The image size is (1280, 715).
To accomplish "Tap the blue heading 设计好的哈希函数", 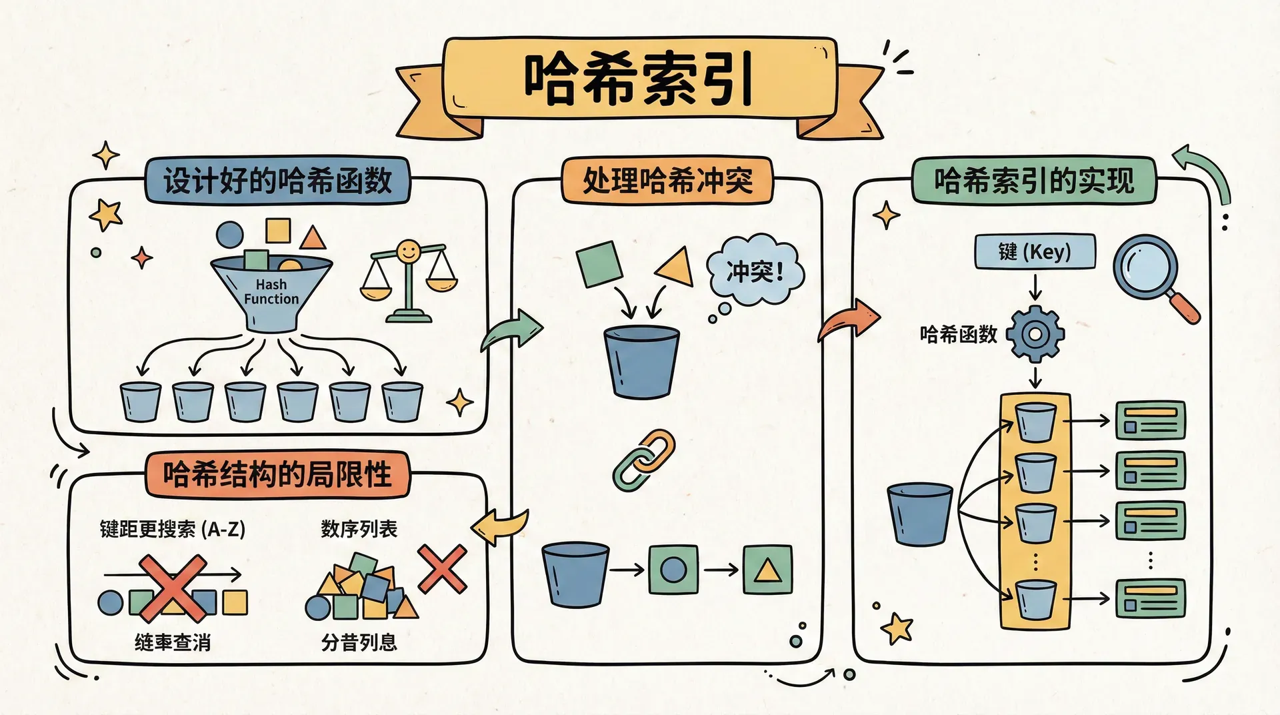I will point(277,181).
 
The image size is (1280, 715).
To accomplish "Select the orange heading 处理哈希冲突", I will point(667,180).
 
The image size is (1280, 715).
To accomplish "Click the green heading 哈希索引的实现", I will point(1033,180).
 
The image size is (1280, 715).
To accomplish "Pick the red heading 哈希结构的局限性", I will point(277,475).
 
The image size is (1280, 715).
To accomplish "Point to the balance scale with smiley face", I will point(408,280).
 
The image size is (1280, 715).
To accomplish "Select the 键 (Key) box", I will point(1035,251).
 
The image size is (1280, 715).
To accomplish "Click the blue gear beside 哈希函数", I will point(1035,333).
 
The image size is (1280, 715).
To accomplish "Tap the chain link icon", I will point(643,460).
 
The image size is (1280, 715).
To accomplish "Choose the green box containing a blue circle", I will point(673,570).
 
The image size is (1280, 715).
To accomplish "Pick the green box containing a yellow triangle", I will point(767,570).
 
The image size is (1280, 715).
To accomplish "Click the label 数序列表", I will point(359,530).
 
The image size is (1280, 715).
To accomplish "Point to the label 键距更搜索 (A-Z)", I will point(173,530).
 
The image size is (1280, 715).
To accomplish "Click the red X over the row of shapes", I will point(173,587).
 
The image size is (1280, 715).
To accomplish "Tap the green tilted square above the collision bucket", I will point(599,264).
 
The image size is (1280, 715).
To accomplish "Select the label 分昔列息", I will point(359,642).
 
